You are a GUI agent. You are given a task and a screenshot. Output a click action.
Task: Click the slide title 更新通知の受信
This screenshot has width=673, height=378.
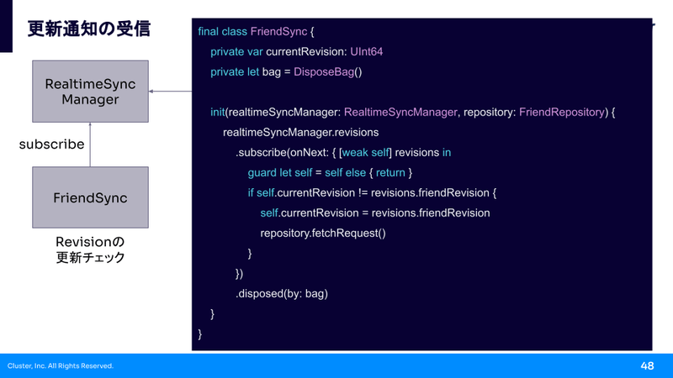point(89,29)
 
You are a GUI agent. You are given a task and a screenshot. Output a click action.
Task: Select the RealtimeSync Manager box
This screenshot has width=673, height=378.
point(91,92)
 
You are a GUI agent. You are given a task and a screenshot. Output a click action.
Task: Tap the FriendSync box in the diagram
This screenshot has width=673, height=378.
point(91,197)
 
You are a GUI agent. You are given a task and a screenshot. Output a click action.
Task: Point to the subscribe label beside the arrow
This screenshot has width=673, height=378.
point(51,144)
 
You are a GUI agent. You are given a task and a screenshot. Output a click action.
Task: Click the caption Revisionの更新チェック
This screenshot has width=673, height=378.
point(90,249)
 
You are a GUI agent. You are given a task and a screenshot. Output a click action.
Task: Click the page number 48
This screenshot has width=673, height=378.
point(647,365)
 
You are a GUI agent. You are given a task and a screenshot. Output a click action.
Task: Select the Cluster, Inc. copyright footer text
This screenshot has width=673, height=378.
point(61,365)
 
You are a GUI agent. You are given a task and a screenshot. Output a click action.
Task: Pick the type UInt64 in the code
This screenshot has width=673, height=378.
point(367,52)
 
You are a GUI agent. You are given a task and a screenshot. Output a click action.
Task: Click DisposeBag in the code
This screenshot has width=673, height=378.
point(324,72)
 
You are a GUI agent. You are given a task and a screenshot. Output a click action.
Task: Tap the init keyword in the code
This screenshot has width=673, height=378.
point(218,113)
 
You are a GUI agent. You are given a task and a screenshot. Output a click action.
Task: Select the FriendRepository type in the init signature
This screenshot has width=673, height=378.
point(562,113)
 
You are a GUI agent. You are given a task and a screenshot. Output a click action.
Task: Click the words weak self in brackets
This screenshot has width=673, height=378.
point(365,153)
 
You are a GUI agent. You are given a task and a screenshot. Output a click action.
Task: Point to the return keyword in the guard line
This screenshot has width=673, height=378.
point(390,173)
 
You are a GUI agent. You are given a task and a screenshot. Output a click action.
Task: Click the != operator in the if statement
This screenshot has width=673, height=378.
point(363,193)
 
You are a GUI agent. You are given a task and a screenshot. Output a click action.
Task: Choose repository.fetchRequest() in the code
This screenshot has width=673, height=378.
point(323,234)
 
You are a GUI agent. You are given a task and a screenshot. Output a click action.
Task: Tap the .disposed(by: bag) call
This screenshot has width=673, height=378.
point(282,293)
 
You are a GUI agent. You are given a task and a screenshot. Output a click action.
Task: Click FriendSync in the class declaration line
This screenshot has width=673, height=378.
point(278,32)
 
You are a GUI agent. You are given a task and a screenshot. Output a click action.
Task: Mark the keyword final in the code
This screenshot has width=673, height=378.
point(208,32)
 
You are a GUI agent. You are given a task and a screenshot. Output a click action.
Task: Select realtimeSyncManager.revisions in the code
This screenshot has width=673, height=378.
point(300,133)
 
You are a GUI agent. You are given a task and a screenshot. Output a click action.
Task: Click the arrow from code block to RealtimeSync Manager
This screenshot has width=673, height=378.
point(171,92)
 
